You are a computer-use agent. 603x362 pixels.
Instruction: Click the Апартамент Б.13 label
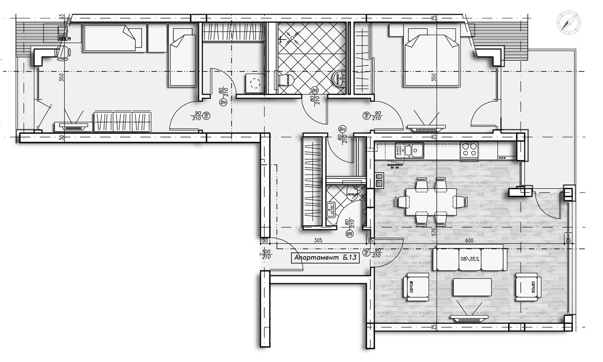(x=326, y=258)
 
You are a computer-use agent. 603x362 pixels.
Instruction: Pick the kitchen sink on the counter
(x=414, y=150)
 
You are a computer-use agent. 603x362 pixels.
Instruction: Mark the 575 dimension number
(x=434, y=232)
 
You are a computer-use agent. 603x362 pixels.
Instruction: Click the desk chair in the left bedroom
(x=64, y=52)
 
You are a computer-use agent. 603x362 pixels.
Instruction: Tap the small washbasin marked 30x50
(x=330, y=209)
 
